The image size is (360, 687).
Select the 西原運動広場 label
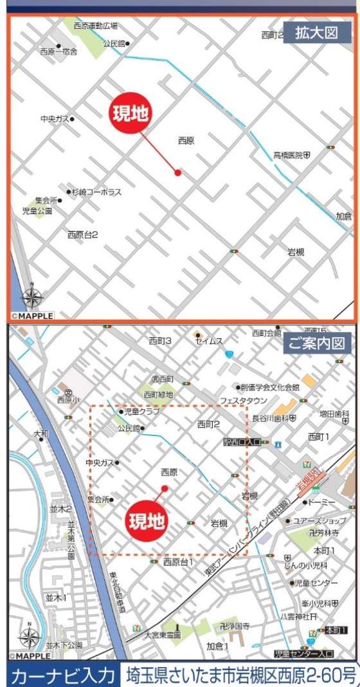tap(95, 26)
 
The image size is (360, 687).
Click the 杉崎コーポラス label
tap(96, 192)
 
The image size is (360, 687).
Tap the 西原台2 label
tap(82, 235)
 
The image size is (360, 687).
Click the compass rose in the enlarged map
tap(32, 297)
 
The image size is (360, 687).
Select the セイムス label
tap(210, 341)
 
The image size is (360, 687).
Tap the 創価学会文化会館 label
tap(269, 387)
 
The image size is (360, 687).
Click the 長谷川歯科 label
tap(274, 418)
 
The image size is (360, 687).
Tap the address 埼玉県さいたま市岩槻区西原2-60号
tap(240, 675)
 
